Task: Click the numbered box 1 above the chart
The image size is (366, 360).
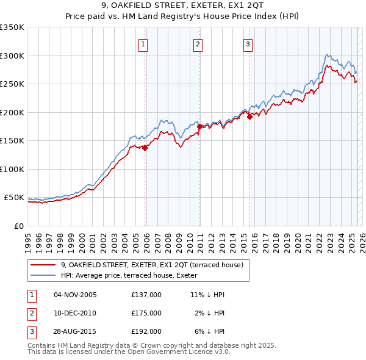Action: tap(143, 43)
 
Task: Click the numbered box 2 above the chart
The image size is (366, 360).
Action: tap(198, 43)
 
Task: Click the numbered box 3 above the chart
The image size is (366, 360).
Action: tap(248, 43)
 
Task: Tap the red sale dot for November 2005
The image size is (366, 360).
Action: tap(145, 148)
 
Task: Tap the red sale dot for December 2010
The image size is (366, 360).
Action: tap(200, 126)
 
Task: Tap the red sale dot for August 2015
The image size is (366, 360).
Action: tap(250, 117)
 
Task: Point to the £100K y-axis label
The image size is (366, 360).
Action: tap(12, 170)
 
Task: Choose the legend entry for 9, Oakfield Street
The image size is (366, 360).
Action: tap(152, 265)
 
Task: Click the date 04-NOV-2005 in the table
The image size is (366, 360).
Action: tap(75, 295)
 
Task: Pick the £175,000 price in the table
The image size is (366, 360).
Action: tap(146, 313)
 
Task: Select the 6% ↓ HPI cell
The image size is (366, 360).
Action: tap(210, 331)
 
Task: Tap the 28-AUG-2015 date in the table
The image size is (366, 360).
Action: tap(75, 331)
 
